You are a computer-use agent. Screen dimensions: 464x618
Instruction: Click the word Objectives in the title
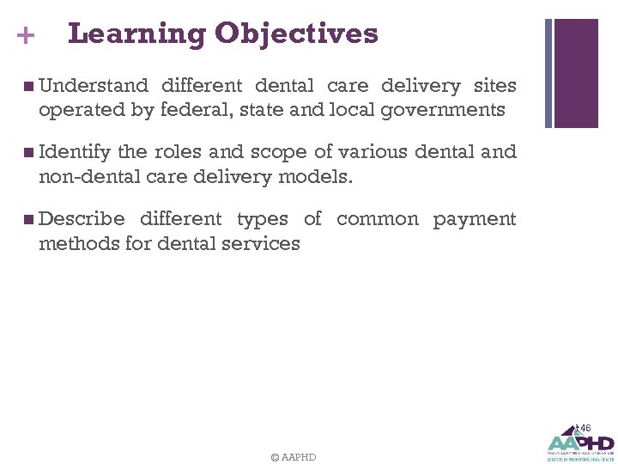pos(296,34)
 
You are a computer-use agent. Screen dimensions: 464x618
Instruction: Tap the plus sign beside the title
pos(26,36)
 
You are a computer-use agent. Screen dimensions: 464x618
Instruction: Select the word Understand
pos(94,86)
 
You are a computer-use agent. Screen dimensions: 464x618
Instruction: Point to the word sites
pos(494,86)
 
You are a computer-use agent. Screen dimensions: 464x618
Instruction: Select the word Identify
pos(75,152)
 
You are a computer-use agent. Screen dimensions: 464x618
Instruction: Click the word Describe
pos(82,219)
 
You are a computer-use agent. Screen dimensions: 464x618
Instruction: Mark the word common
pos(378,219)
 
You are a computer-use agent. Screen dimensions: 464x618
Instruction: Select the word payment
pos(475,220)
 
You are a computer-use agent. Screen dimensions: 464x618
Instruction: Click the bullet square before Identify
pos(30,153)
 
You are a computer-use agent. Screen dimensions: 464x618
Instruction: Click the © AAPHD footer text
pos(293,457)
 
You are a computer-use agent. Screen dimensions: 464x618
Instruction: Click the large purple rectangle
pos(576,73)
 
